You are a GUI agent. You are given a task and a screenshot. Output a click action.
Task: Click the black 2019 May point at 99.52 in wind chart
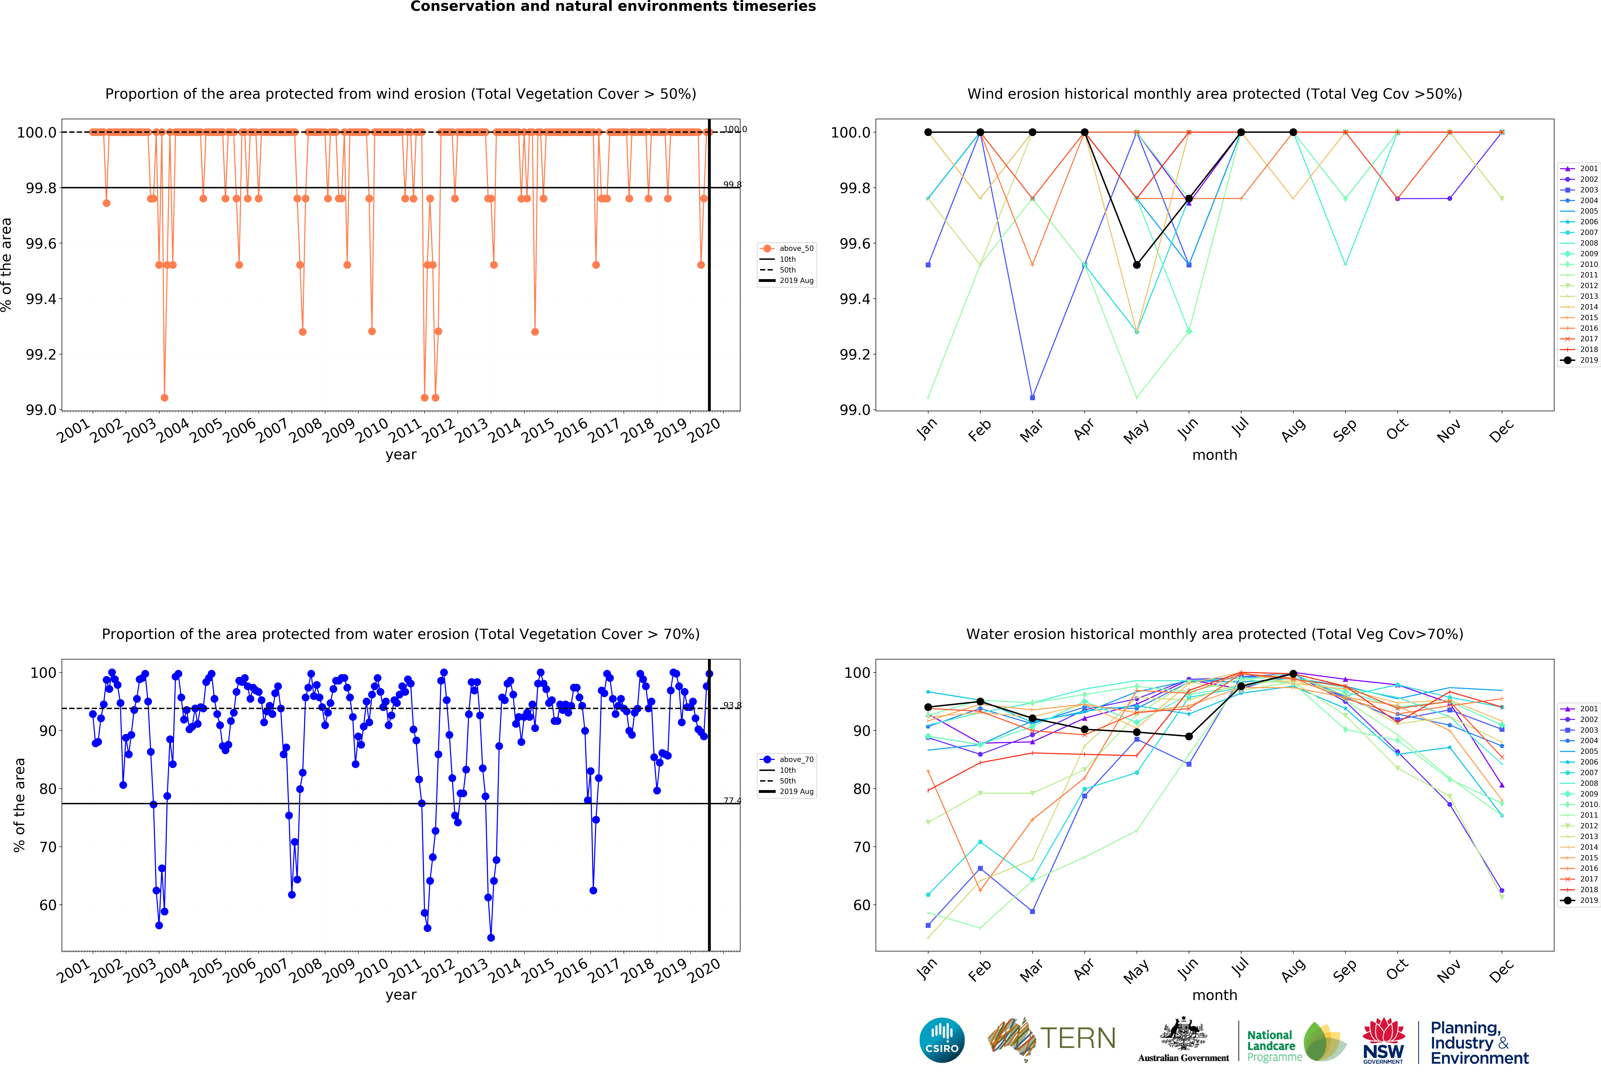click(x=1137, y=265)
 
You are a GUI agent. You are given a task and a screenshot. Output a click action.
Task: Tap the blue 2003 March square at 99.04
click(x=1032, y=397)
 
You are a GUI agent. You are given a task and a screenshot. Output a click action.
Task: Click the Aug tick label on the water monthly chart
click(x=1293, y=969)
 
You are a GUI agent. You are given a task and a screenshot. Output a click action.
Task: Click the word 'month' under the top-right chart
click(x=1215, y=455)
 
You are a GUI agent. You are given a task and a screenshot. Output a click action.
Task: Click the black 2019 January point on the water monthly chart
click(x=928, y=707)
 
